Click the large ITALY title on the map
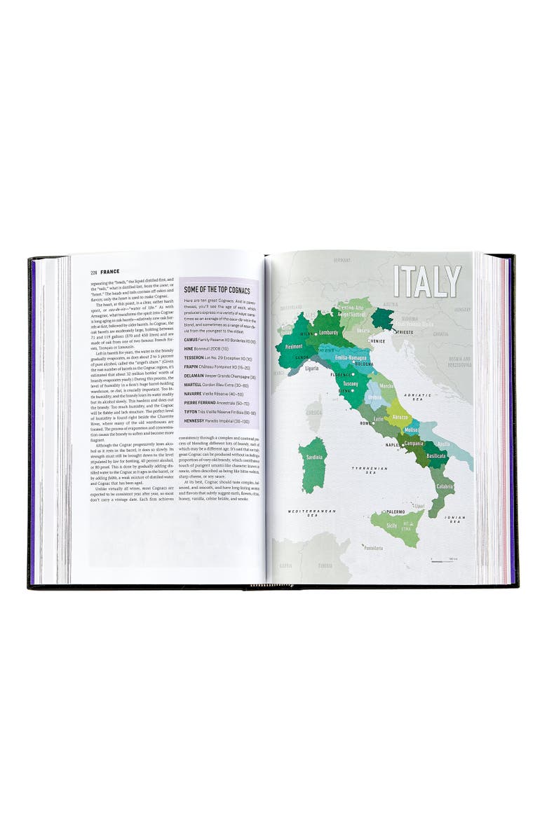point(427,282)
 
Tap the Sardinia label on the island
point(313,458)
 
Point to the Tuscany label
point(350,384)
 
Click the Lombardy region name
point(328,332)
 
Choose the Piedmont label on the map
point(294,347)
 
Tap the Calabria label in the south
point(445,486)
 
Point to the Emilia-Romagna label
point(352,357)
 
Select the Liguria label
point(312,367)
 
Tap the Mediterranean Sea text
point(312,513)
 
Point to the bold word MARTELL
point(197,385)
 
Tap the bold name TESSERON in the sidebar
point(198,358)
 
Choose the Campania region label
point(416,444)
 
